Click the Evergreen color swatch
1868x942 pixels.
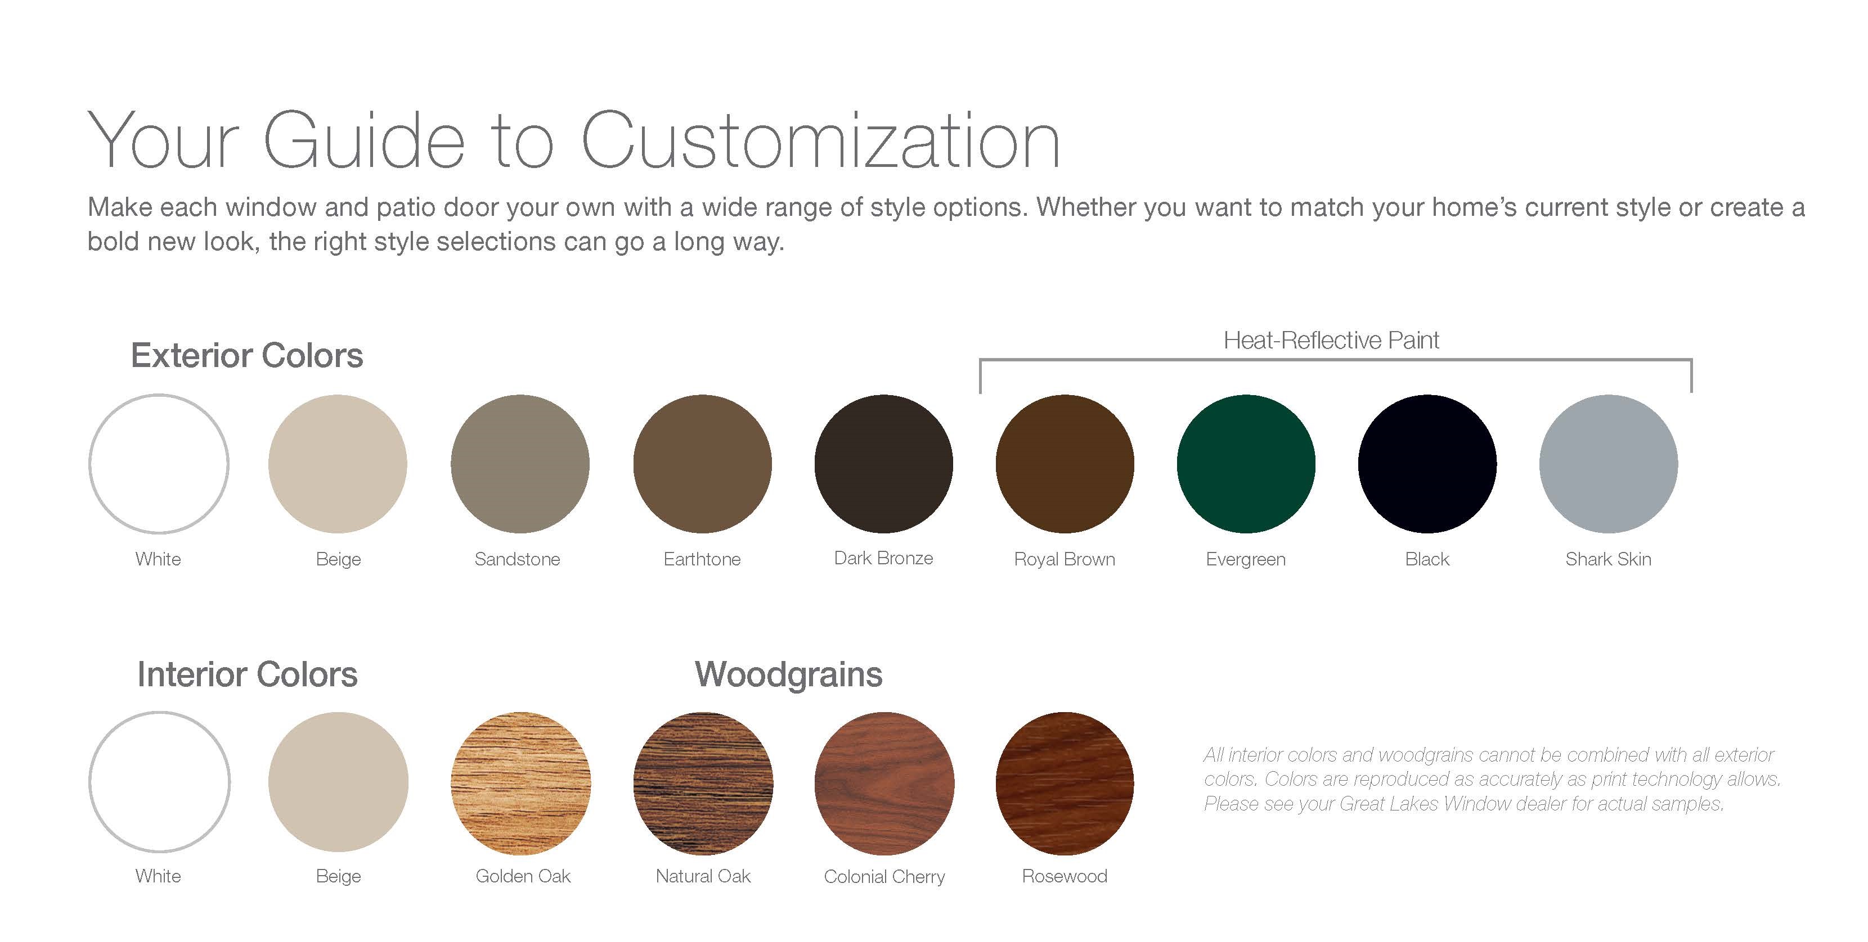pos(1246,464)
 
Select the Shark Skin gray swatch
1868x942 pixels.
pos(1609,464)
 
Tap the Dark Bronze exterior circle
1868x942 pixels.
pos(883,464)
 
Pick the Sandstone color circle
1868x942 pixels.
pos(520,464)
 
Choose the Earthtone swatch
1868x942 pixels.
pos(702,464)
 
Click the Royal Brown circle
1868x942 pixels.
pos(1065,464)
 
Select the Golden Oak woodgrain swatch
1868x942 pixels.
pos(520,782)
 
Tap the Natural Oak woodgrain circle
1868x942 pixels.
pos(703,782)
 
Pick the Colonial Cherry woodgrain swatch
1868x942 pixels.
pos(884,782)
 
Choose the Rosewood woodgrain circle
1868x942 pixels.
pos(1065,782)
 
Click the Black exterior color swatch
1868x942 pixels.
pos(1427,464)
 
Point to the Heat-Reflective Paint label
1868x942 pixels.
pos(1331,340)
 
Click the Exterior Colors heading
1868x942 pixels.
pos(246,355)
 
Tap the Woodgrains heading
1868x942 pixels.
pos(788,674)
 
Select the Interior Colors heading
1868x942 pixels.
pos(247,674)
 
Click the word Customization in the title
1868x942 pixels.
pos(821,141)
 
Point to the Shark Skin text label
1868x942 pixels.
pos(1609,559)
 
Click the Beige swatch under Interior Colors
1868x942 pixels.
pos(339,782)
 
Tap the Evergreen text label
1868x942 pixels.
pos(1246,559)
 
